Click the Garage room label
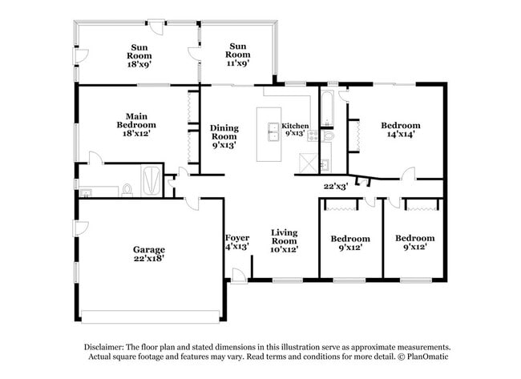150,254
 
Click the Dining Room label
224,137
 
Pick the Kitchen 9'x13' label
295,131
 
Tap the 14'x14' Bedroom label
400,131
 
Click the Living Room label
284,241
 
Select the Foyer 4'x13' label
236,242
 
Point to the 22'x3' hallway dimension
335,186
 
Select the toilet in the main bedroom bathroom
127,189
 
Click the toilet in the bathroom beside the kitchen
329,137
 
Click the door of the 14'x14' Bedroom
408,173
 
